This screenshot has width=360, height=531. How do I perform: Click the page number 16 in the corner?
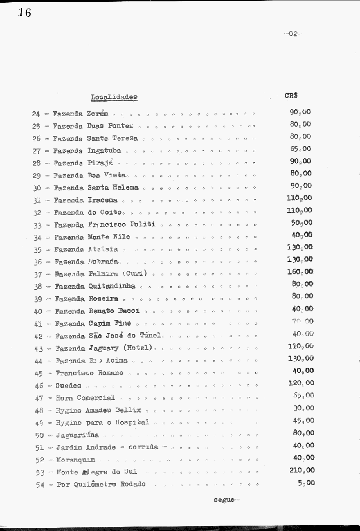[25, 13]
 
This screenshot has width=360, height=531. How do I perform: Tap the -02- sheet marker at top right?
[292, 34]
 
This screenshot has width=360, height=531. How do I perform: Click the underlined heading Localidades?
[114, 97]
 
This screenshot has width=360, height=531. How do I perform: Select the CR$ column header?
[291, 95]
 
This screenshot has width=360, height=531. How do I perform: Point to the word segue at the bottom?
[224, 500]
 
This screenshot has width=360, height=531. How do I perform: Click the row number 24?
[36, 114]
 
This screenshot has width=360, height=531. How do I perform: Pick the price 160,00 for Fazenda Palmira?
[300, 272]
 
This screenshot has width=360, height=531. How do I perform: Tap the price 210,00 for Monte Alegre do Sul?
[301, 470]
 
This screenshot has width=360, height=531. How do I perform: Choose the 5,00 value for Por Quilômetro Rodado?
[306, 483]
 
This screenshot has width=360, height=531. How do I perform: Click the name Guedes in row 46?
[68, 386]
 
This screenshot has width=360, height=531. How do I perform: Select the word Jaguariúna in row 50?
[77, 435]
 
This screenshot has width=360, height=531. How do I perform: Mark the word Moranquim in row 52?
[76, 460]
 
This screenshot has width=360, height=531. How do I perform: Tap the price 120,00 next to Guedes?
[301, 383]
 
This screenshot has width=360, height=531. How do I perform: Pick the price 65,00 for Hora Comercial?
[304, 396]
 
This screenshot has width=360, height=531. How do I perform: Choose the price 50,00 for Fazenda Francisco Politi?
[302, 223]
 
